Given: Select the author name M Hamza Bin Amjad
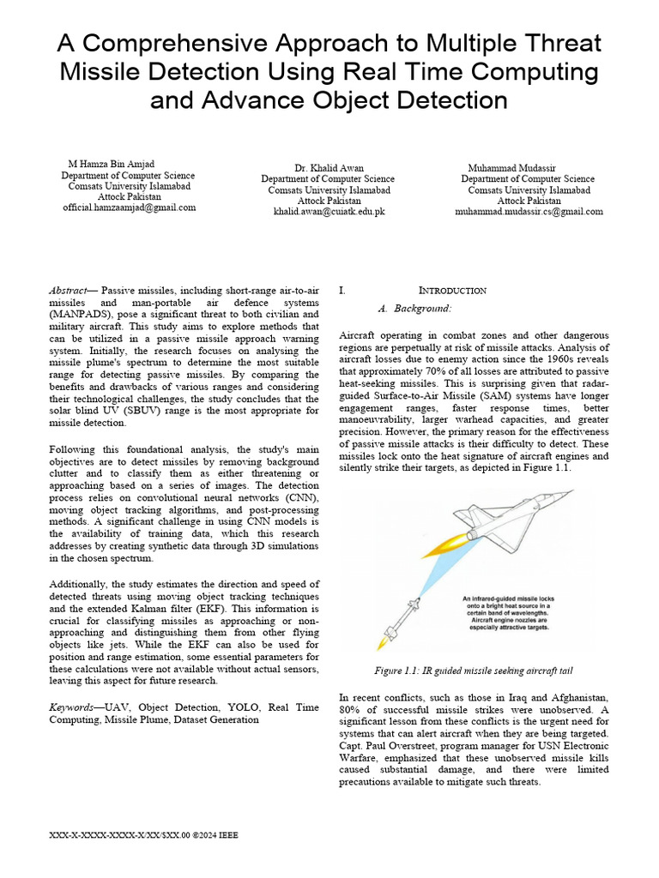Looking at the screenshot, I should [x=112, y=163].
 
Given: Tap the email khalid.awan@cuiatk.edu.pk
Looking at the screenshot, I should [x=329, y=211].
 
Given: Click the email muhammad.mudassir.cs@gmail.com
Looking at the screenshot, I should [x=529, y=211].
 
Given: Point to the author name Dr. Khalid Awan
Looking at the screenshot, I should [x=329, y=167].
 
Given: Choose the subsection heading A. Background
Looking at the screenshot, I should [x=414, y=308].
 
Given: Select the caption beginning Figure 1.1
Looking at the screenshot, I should [x=474, y=671].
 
